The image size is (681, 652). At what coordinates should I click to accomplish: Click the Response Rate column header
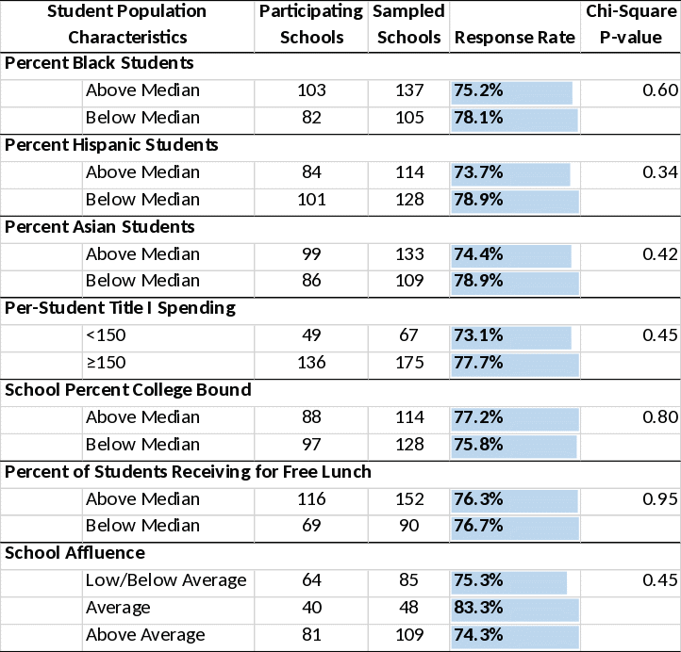514,38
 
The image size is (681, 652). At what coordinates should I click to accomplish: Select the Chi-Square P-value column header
631,25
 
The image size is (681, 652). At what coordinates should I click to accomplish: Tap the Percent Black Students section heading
99,63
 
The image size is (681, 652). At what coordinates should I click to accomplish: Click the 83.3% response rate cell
514,608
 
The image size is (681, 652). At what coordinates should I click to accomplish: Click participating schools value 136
310,363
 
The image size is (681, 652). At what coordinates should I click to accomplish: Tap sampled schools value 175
408,363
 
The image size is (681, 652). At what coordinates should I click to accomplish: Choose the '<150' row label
106,335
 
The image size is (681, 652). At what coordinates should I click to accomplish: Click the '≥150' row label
106,363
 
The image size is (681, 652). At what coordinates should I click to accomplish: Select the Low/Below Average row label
166,580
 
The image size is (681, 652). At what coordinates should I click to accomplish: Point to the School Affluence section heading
75,553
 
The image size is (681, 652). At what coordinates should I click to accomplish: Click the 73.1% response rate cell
514,335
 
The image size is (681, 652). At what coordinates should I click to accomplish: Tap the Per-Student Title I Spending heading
120,308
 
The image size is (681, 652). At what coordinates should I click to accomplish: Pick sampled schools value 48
408,608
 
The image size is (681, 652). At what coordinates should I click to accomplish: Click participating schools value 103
310,90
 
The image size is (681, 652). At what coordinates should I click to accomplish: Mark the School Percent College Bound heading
128,390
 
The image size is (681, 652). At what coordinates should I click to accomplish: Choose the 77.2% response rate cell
514,417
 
